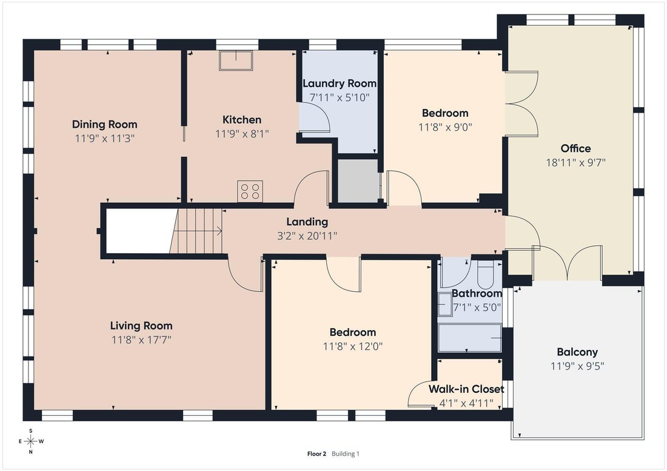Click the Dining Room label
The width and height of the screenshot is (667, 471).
tap(105, 125)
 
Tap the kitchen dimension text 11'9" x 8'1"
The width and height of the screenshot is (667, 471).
tap(242, 134)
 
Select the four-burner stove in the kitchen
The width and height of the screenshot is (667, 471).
tap(250, 191)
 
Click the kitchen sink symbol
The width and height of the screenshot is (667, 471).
tap(236, 61)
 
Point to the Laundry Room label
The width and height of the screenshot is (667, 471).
tap(340, 84)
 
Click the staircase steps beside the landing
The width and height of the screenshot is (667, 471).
tap(196, 231)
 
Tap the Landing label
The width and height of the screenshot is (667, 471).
tap(307, 222)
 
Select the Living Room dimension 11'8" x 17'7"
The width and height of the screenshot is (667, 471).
tap(141, 340)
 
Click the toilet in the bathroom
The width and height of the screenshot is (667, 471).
tap(485, 274)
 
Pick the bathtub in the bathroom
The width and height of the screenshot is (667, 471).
tap(469, 338)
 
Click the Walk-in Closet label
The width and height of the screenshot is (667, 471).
tap(466, 389)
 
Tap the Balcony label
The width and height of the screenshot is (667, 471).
tap(577, 352)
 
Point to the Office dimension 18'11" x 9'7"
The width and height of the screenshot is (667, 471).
tap(575, 162)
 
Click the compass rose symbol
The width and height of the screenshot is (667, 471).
tap(31, 441)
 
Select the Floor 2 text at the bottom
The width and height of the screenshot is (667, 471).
tap(317, 453)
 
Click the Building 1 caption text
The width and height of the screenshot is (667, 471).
tap(346, 453)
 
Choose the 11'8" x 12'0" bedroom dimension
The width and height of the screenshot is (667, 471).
tap(353, 346)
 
